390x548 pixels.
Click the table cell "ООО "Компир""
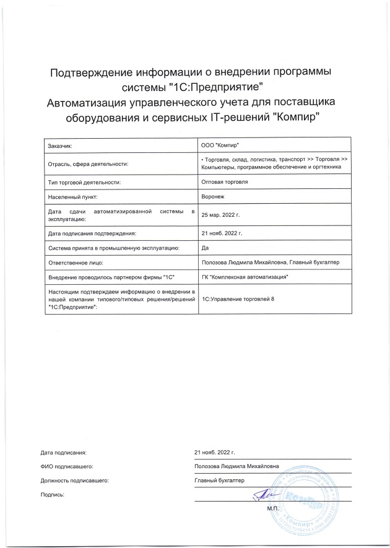coord(220,145)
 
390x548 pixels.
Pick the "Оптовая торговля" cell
coord(225,182)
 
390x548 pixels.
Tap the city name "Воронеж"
coord(214,197)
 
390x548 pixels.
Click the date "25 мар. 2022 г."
coord(220,215)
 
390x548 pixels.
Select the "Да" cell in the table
coord(206,248)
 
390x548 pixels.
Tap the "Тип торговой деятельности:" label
coord(83,182)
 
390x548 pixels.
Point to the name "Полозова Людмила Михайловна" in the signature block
coord(236,466)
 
